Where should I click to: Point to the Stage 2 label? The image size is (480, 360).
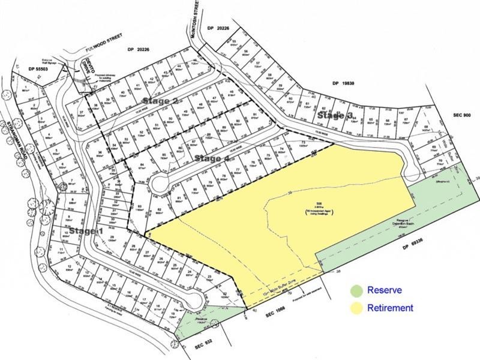pos(160,101)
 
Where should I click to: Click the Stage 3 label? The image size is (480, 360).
pos(334,115)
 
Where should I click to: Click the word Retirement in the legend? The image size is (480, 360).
pos(390,308)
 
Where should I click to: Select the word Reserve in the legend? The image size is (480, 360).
pos(385,290)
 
